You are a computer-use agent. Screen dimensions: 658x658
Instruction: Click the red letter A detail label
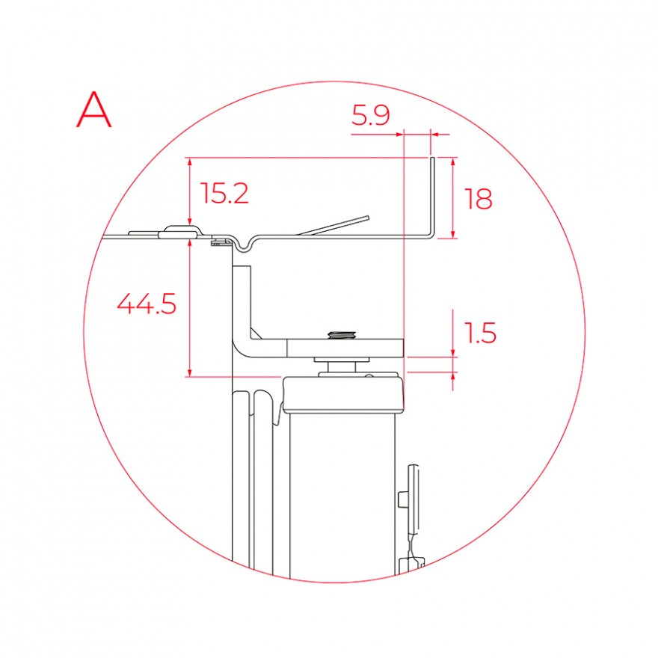(x=94, y=110)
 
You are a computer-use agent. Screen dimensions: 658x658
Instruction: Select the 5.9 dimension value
(x=371, y=115)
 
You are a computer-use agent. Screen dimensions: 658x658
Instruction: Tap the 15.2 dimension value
(x=224, y=193)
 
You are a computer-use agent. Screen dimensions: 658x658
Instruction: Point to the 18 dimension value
(x=478, y=199)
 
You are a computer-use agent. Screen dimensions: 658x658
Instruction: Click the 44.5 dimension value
(x=147, y=304)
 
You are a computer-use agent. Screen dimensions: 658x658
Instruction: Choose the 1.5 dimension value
(x=480, y=333)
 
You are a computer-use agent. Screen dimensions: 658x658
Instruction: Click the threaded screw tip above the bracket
(x=342, y=334)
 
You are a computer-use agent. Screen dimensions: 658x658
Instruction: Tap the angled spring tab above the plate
(x=333, y=225)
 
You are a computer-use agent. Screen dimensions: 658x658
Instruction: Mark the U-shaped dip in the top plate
(x=244, y=247)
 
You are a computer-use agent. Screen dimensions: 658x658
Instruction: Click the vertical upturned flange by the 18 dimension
(x=432, y=197)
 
